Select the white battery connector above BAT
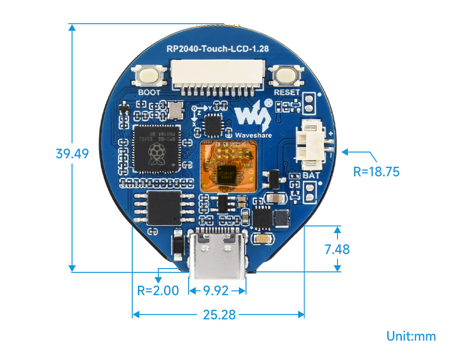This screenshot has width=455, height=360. (x=311, y=144)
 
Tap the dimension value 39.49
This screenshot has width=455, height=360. (x=72, y=153)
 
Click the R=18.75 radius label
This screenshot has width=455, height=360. (x=376, y=171)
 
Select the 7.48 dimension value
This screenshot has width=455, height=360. (x=337, y=249)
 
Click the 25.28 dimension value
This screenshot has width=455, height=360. (x=219, y=314)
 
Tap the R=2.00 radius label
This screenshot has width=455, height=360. (x=158, y=290)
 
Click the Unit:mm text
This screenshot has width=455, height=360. (x=411, y=336)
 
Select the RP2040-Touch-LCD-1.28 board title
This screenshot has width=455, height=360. (x=218, y=49)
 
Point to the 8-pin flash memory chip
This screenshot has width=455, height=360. (x=164, y=208)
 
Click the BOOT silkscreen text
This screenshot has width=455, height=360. (x=149, y=92)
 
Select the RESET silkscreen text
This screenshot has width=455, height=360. (x=287, y=92)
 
